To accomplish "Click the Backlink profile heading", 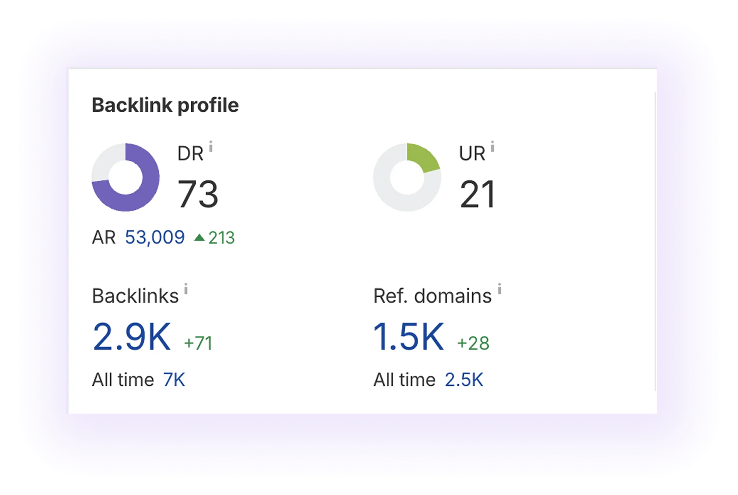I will coord(165,105).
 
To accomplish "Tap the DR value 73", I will coord(198,194).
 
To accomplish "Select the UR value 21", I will coord(477,194).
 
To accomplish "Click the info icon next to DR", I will coord(211,146).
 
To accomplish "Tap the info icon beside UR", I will coord(492,146).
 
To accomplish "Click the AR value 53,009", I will coord(155,237).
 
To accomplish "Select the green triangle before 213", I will coord(199,237).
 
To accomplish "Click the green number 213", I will coord(221,238).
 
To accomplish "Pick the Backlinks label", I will coord(135,296).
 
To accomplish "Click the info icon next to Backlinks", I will coord(186,289).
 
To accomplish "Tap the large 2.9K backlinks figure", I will coord(132,337).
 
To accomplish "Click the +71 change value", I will coord(198,343).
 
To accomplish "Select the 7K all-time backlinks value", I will coord(174,380).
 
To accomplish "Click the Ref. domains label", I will coord(432,296).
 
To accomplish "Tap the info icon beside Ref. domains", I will coord(499,289).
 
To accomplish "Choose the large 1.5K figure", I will coord(408,337).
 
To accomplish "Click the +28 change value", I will coord(473,343).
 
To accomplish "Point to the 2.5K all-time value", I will coord(464,380).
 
